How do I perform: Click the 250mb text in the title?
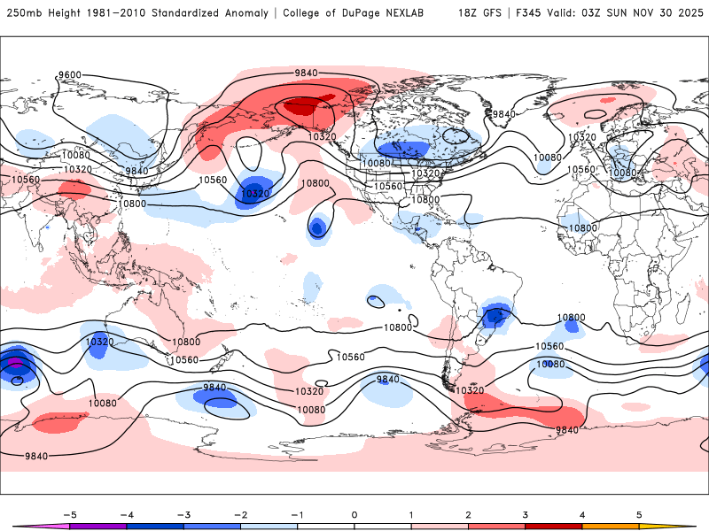21,13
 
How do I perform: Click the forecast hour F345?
527,13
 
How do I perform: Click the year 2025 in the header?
687,13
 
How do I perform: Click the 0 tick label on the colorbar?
354,513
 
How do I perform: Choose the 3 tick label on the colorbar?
526,513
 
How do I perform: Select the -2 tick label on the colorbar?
240,513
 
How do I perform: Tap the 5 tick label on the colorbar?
639,513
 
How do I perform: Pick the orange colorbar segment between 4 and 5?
611,526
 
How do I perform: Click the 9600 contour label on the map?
69,75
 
